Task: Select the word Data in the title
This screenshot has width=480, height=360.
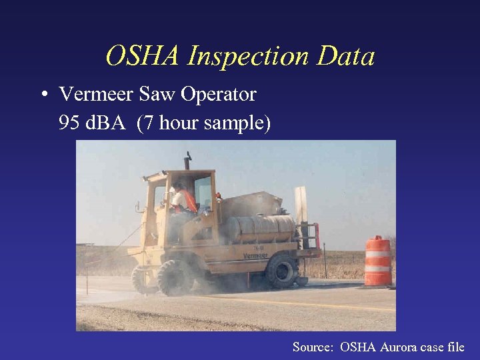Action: point(345,57)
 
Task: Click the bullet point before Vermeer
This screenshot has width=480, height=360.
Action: point(42,95)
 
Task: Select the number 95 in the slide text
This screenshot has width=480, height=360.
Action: point(69,124)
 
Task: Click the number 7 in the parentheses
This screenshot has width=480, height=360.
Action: point(147,124)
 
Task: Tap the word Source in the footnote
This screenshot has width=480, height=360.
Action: point(313,347)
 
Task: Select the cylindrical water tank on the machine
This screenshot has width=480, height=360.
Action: point(260,229)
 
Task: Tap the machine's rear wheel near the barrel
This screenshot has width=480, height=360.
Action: point(282,269)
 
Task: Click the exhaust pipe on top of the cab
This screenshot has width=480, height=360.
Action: point(189,160)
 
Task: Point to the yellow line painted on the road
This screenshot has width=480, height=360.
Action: point(320,303)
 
